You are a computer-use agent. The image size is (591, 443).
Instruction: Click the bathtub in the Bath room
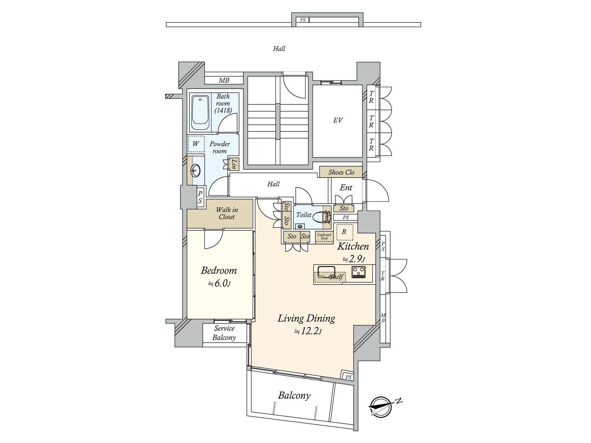pyautogui.click(x=201, y=113)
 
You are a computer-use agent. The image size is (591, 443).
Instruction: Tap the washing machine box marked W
pyautogui.click(x=196, y=144)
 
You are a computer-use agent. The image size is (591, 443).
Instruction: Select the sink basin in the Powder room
pyautogui.click(x=195, y=170)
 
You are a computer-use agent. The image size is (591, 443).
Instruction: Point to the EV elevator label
pyautogui.click(x=338, y=120)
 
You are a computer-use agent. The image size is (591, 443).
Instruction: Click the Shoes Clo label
pyautogui.click(x=341, y=172)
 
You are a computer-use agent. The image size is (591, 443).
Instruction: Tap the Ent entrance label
pyautogui.click(x=346, y=188)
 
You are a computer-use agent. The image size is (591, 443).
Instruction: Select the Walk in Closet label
pyautogui.click(x=227, y=213)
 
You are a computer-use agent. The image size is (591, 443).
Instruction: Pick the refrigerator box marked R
pyautogui.click(x=344, y=232)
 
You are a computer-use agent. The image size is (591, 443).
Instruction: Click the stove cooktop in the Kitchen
pyautogui.click(x=358, y=272)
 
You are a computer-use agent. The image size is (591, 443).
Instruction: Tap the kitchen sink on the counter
pyautogui.click(x=326, y=272)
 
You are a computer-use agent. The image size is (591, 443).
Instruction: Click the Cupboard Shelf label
pyautogui.click(x=324, y=236)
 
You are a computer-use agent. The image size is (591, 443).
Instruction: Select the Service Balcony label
pyautogui.click(x=224, y=333)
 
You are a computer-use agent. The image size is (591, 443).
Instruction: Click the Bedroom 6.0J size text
pyautogui.click(x=219, y=284)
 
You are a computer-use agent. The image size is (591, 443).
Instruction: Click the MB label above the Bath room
pyautogui.click(x=224, y=80)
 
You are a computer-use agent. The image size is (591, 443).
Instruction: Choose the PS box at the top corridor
pyautogui.click(x=303, y=20)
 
